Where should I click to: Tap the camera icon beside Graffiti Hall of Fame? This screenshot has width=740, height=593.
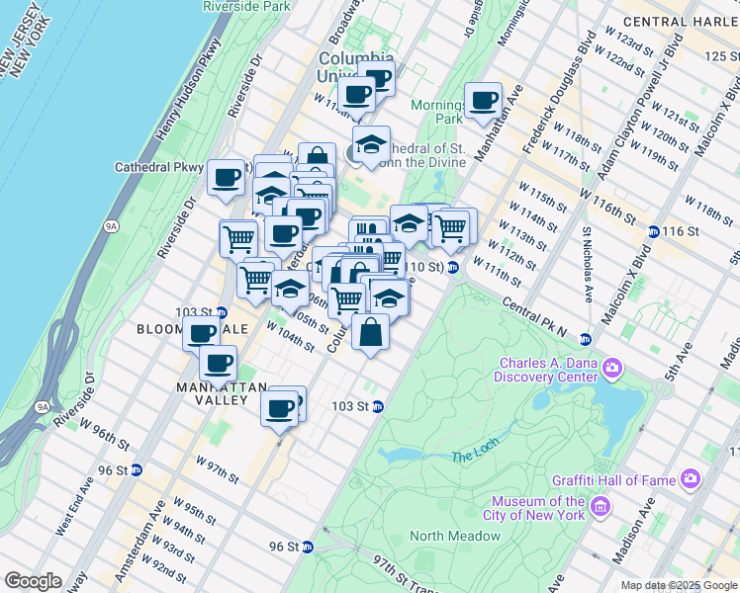click(x=690, y=479)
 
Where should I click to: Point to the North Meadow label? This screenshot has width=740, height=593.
click(x=455, y=536)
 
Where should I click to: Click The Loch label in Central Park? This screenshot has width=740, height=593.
click(x=471, y=457)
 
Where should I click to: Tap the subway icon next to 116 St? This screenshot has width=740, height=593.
click(x=654, y=231)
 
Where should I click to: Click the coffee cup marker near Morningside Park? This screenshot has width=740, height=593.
click(x=483, y=101)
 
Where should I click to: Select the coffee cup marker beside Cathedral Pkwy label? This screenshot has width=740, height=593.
click(x=227, y=178)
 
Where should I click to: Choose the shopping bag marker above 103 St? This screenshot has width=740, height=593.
click(x=370, y=333)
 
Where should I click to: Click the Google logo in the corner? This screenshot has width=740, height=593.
click(x=32, y=581)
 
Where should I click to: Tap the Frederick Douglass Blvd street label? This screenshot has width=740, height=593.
click(x=560, y=97)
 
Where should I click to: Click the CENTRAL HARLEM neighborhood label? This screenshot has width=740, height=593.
click(x=682, y=22)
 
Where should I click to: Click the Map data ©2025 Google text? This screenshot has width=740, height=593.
click(x=678, y=585)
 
